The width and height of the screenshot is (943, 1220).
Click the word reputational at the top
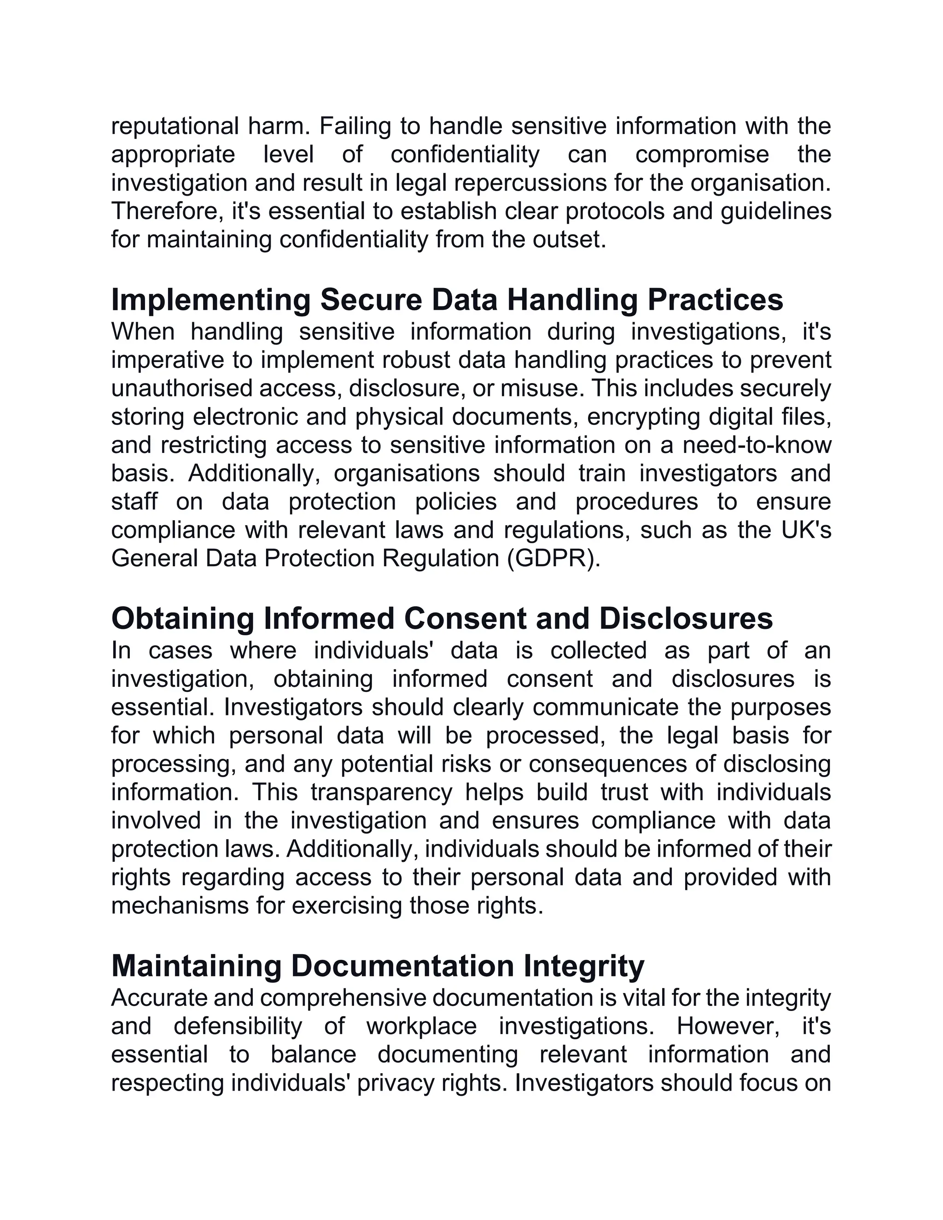coord(175,126)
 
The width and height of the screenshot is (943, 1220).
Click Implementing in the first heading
coord(210,300)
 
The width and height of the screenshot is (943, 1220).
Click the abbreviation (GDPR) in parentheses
coord(553,558)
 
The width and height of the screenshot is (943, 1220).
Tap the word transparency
coord(381,793)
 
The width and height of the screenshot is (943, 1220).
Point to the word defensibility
coord(238,1026)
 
